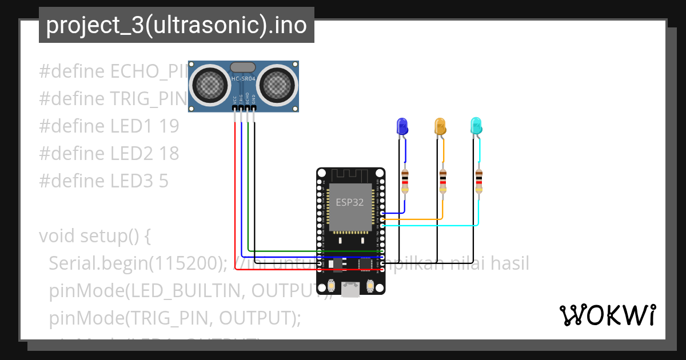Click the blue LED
[402, 126]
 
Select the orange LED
[440, 126]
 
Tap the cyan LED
[476, 126]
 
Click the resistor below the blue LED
[405, 182]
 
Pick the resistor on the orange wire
[443, 182]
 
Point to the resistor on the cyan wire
[479, 182]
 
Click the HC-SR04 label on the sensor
[243, 78]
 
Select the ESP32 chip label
[349, 202]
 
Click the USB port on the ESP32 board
[351, 289]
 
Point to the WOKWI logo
[607, 315]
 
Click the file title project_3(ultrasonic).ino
[176, 26]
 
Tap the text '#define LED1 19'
[109, 126]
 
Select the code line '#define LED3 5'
[103, 181]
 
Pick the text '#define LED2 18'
[109, 154]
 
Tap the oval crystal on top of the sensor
[243, 67]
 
